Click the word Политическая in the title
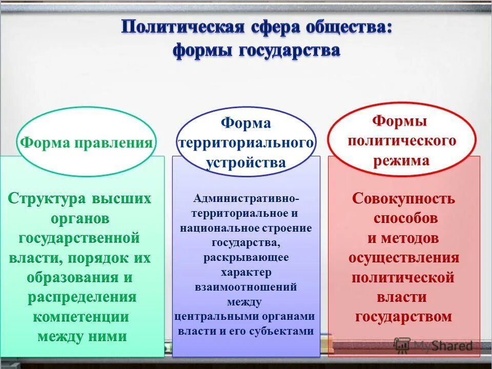click(181, 27)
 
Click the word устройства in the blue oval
click(245, 162)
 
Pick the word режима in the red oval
click(401, 160)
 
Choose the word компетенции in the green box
click(81, 316)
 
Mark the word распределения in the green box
click(82, 297)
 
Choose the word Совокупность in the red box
click(404, 198)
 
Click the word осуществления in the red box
click(404, 257)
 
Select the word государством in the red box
click(404, 316)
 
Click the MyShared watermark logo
click(434, 345)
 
